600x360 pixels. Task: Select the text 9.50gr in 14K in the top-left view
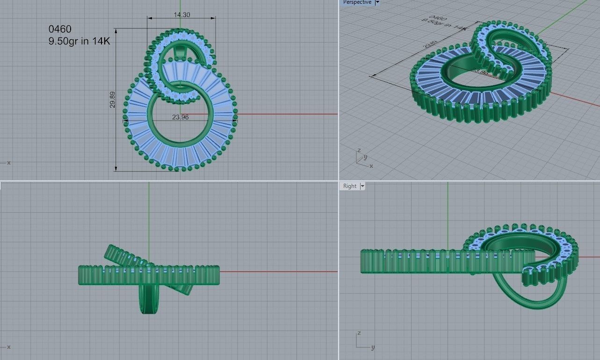click(79, 41)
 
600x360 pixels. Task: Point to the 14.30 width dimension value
click(182, 14)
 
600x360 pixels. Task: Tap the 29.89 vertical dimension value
click(112, 100)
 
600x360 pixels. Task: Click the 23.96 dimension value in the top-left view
click(180, 117)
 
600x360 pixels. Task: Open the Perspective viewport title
click(357, 2)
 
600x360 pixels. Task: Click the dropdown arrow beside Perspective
click(377, 2)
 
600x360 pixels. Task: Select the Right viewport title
click(350, 186)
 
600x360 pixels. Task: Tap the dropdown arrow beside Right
click(362, 186)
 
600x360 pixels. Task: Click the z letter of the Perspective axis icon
click(358, 151)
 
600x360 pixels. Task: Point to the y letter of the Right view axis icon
click(373, 347)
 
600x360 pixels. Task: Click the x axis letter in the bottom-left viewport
click(9, 346)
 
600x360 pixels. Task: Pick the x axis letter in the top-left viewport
click(9, 163)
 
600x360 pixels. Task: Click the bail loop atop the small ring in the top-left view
click(180, 51)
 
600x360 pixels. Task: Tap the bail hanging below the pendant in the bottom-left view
click(149, 299)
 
